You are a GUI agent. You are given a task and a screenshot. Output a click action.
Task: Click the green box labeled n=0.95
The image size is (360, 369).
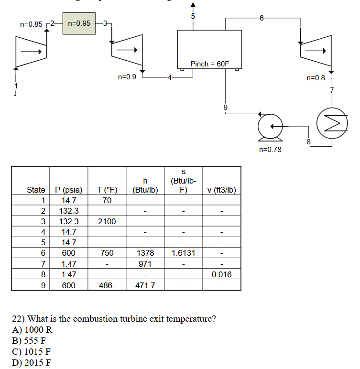(79, 23)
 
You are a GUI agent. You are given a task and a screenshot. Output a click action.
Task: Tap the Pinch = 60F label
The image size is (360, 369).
(210, 64)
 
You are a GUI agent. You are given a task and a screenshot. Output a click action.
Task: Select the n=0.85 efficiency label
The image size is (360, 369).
(31, 23)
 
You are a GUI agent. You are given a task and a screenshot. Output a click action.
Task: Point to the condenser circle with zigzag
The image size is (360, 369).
(330, 126)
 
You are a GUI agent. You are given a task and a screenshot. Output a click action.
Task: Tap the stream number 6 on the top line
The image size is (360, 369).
(262, 18)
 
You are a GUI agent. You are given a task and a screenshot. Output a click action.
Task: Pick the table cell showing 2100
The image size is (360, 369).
(107, 221)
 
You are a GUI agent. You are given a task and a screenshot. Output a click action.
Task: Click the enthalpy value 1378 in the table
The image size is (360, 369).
(145, 253)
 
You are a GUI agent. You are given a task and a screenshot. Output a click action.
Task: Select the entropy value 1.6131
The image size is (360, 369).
(183, 253)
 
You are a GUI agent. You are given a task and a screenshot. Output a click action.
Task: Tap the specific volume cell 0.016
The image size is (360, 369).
(221, 274)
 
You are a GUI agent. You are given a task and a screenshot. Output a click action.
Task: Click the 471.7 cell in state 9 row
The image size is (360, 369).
(145, 285)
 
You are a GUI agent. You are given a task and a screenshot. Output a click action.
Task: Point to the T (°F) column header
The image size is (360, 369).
(107, 190)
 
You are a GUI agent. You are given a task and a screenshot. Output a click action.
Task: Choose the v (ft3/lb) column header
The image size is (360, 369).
(221, 190)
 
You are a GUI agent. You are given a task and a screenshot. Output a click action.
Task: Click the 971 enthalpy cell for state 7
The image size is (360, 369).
(145, 264)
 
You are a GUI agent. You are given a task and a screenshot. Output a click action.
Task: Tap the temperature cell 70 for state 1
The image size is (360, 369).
(107, 200)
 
